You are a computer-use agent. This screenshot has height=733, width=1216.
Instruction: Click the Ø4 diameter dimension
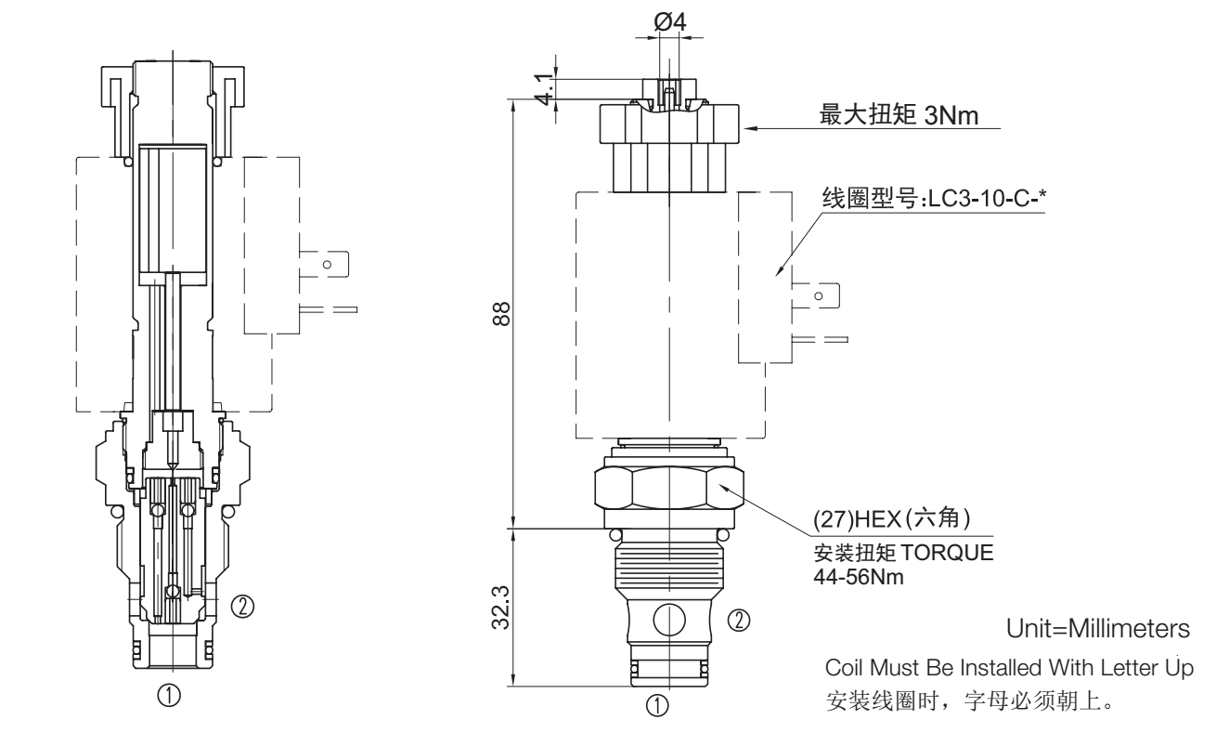670,21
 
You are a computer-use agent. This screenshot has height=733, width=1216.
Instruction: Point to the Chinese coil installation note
956,699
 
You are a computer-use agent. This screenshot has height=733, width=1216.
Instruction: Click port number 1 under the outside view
657,705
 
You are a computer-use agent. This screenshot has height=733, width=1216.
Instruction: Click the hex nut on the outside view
669,489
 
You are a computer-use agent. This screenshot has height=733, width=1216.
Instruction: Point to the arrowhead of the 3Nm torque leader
745,127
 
